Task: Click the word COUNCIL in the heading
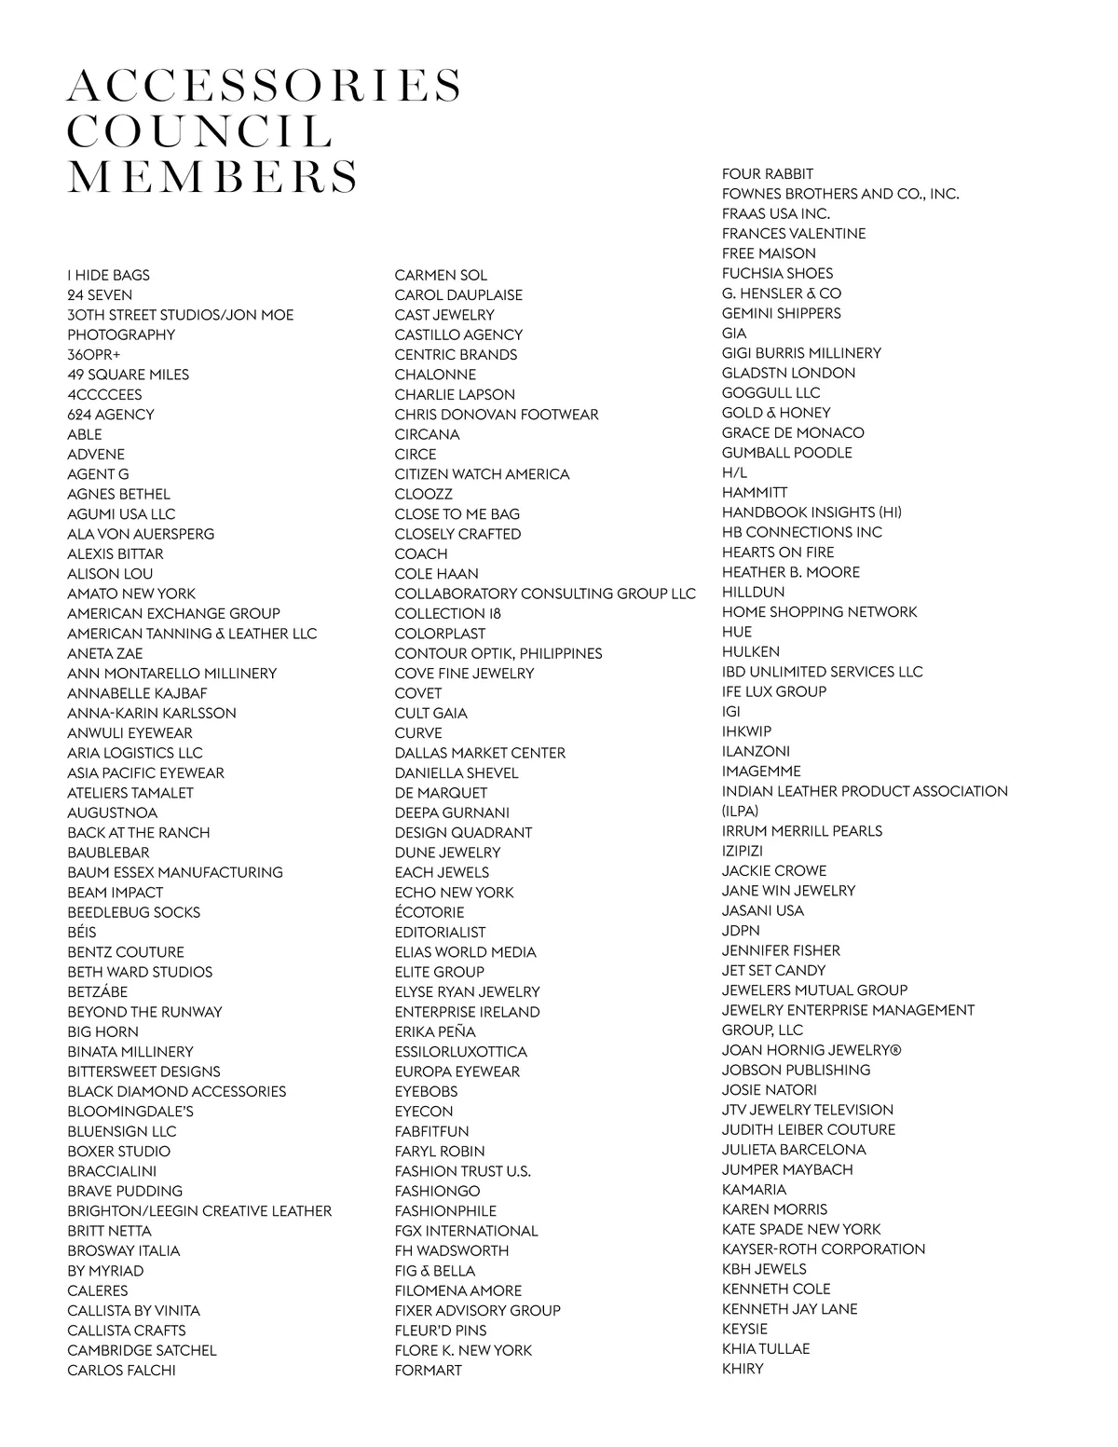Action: (200, 131)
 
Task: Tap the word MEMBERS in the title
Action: (212, 177)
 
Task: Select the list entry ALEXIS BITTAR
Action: (115, 553)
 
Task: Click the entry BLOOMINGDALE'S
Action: (130, 1111)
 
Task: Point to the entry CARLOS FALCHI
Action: (121, 1370)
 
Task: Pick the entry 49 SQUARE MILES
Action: (128, 375)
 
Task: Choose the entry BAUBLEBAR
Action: (108, 852)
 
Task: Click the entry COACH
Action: (420, 553)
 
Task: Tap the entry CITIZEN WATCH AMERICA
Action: (482, 473)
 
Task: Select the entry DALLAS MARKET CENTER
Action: (480, 752)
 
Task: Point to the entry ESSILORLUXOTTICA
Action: (460, 1051)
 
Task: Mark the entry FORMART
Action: (428, 1370)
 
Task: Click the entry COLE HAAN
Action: (436, 573)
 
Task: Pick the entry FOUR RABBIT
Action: (768, 173)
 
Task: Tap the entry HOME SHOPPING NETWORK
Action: (819, 611)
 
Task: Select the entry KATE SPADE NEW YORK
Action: (801, 1229)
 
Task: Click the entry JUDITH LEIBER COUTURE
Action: (809, 1129)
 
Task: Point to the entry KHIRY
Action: (743, 1369)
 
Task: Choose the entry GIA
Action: (734, 333)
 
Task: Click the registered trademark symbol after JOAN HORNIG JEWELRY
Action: (895, 1050)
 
